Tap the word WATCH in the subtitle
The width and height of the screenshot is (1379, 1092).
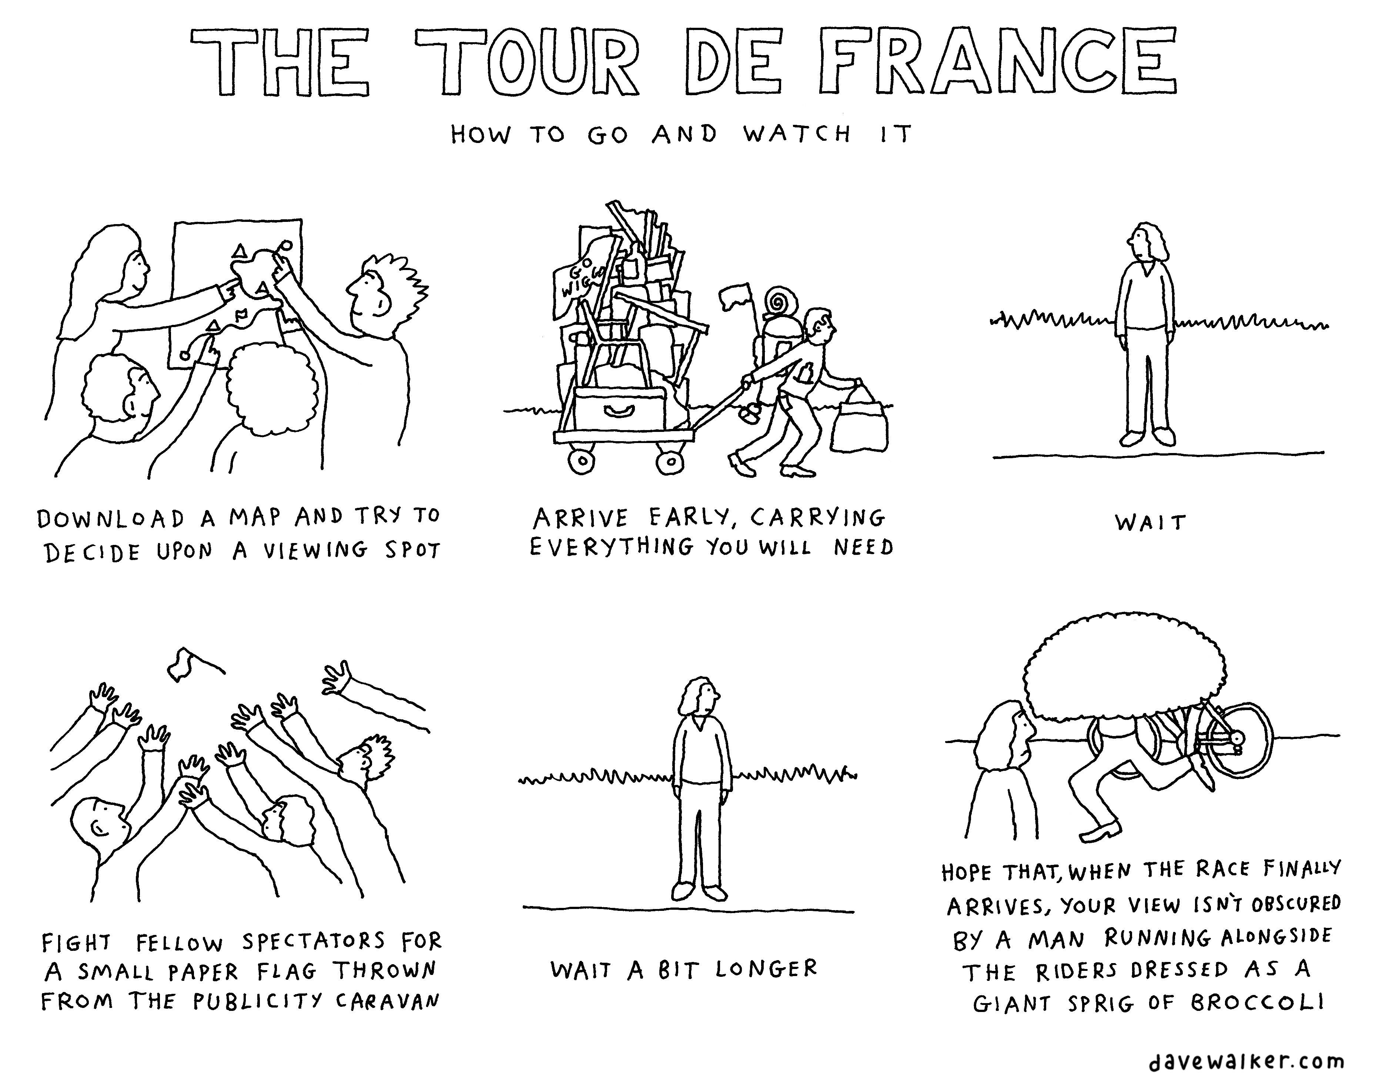tap(797, 134)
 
